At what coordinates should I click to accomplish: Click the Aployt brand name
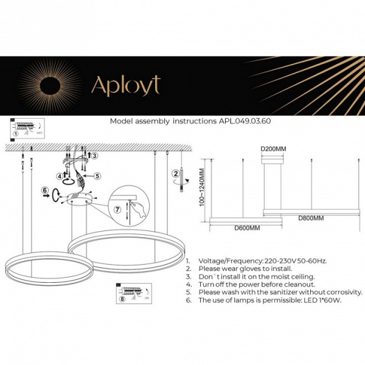coord(125,86)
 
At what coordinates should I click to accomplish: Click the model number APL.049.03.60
coord(244,121)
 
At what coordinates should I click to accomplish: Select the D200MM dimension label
coord(273,148)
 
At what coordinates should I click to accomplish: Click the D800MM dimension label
coord(310,217)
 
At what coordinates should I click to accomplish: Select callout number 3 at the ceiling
coord(94,156)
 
